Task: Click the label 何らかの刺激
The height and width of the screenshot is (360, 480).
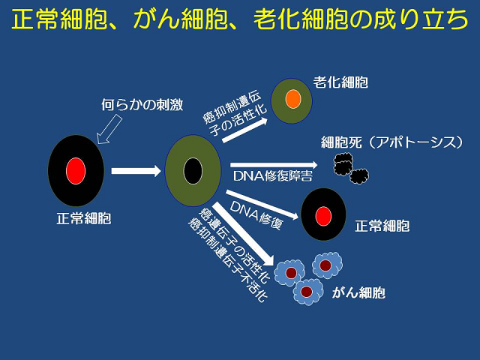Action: tap(142, 105)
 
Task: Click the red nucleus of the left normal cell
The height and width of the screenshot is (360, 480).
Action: tap(76, 171)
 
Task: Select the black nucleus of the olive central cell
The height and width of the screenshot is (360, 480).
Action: tap(193, 171)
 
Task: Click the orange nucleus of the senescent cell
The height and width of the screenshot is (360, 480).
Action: tap(293, 99)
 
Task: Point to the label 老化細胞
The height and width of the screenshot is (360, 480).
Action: tap(340, 82)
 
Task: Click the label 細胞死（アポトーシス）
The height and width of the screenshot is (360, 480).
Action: tap(391, 142)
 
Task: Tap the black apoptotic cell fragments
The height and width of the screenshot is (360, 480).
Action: tap(351, 168)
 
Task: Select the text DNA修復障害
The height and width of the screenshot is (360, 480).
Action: tap(273, 176)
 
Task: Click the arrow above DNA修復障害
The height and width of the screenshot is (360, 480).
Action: tap(274, 165)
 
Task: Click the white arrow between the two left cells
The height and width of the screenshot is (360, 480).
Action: tap(136, 171)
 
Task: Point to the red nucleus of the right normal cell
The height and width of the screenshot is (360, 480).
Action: tap(323, 216)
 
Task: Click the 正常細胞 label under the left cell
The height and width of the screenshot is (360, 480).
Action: tap(84, 218)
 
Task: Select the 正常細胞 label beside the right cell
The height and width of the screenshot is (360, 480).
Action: tap(382, 226)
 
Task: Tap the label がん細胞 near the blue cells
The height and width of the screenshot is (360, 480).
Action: tap(358, 292)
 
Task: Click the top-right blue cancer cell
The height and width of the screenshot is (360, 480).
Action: tap(327, 265)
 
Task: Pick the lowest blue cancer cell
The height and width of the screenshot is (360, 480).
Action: tap(307, 292)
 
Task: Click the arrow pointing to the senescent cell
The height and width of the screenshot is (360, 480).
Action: tap(245, 130)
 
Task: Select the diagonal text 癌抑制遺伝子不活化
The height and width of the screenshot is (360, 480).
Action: tap(228, 259)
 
